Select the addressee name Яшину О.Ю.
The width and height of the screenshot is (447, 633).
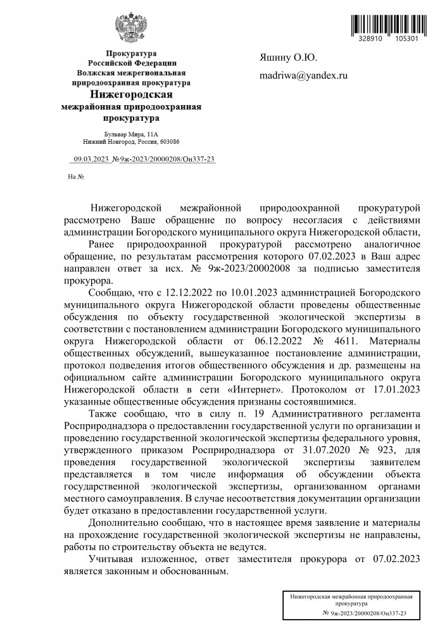tap(289, 58)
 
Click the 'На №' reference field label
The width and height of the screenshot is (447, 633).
tap(76, 176)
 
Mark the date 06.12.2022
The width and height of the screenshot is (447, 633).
tap(280, 342)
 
